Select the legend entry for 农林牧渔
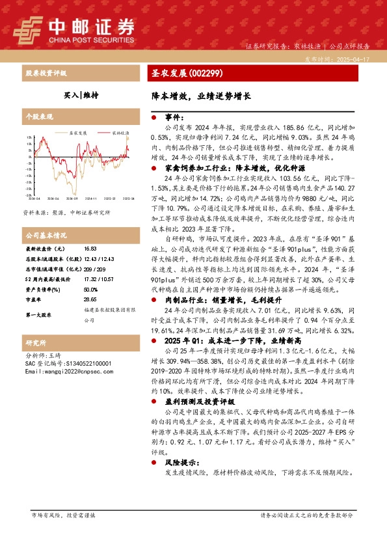tap(119, 131)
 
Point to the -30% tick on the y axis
tap(29, 195)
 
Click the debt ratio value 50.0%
tap(90, 290)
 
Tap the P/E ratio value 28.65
tap(90, 300)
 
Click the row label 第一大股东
tap(40, 315)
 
